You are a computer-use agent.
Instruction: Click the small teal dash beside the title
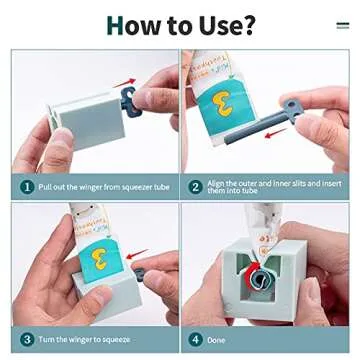point(343,25)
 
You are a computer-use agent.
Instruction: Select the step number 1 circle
point(27,186)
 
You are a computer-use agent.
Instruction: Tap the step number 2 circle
point(195,186)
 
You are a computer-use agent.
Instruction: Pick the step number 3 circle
point(27,340)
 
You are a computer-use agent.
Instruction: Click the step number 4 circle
point(195,340)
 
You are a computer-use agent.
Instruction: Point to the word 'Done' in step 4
point(217,340)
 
